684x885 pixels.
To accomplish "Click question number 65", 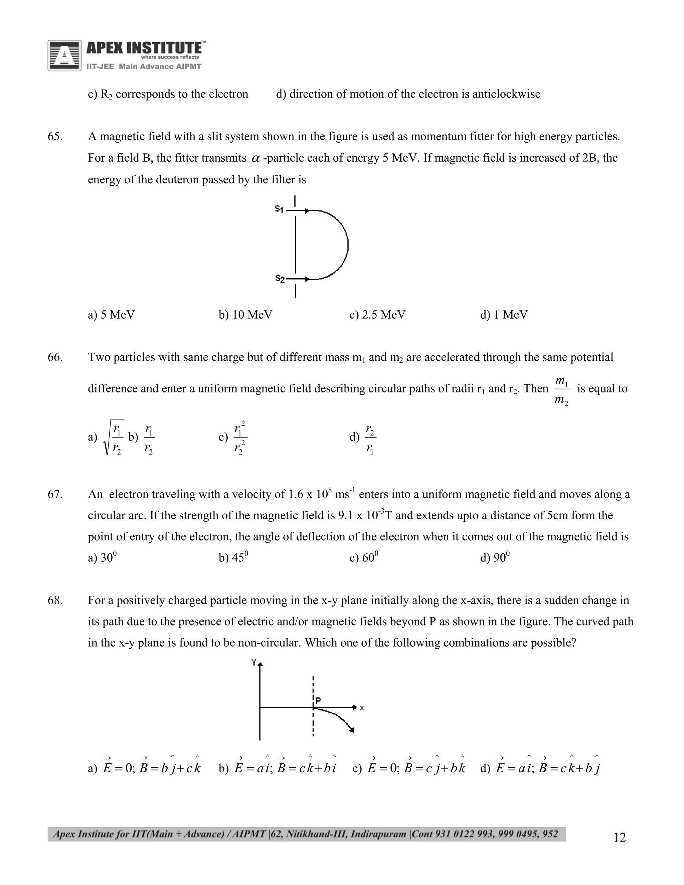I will click(55, 137).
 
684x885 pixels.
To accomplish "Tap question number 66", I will click(55, 357).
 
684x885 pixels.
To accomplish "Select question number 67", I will click(55, 494).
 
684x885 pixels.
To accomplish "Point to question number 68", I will click(55, 600).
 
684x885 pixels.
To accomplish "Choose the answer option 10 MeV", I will click(245, 315).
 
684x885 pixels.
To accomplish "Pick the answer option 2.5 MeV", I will click(377, 315).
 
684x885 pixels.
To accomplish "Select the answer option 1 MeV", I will click(504, 315).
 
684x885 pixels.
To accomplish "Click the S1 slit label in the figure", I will click(279, 209).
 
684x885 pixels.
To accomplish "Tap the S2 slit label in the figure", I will click(280, 279).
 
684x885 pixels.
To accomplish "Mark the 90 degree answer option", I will click(495, 558).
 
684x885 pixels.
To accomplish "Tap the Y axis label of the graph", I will click(254, 663).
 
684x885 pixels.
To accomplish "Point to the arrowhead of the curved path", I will click(352, 730).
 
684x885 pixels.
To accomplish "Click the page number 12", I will click(620, 837).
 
